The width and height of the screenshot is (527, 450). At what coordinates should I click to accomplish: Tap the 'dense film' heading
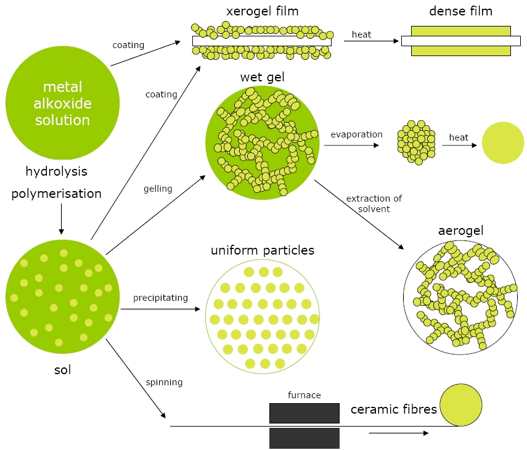[461, 12]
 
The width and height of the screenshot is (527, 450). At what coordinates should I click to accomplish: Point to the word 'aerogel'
[460, 231]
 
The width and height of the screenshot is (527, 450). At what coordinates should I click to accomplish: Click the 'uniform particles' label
[263, 250]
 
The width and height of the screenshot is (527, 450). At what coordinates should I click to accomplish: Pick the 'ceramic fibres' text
[393, 409]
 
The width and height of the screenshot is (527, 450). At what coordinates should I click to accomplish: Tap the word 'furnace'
[304, 395]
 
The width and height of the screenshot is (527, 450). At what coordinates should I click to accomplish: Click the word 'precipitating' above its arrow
[160, 298]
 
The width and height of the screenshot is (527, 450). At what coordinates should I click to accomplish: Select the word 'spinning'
[164, 382]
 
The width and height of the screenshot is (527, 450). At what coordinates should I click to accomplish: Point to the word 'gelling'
[158, 189]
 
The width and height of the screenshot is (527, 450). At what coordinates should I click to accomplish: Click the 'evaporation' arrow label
[356, 134]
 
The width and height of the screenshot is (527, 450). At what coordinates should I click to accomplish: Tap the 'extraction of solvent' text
[374, 203]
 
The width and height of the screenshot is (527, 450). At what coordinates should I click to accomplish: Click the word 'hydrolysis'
[56, 171]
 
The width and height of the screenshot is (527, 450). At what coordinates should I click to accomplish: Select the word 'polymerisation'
[56, 194]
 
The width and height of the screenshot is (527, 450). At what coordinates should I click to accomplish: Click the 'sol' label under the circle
[62, 370]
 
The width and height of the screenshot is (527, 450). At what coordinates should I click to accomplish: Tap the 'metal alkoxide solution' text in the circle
[62, 103]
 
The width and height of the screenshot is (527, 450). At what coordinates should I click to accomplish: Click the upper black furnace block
[304, 413]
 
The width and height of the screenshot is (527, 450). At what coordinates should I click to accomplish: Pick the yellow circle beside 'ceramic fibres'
[461, 405]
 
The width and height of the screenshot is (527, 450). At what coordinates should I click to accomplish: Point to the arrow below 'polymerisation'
[62, 216]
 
